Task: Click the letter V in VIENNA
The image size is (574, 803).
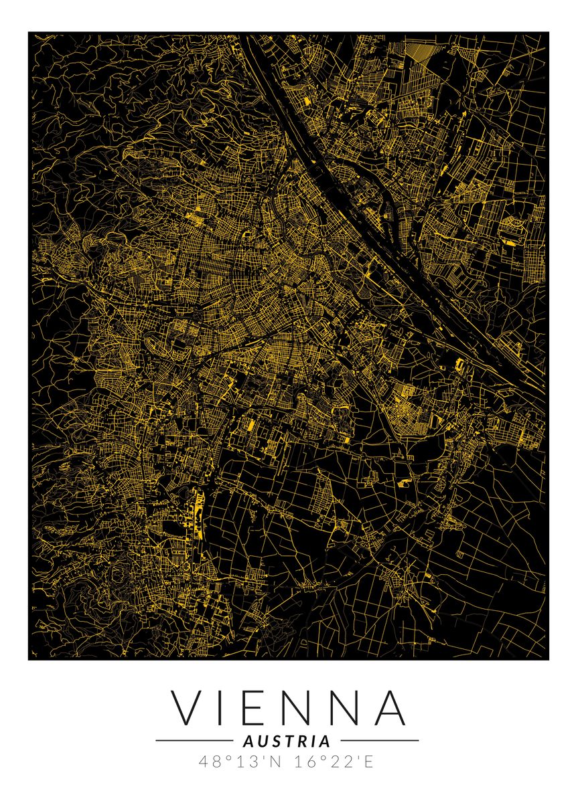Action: tap(185, 707)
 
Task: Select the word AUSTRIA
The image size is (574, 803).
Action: tap(287, 741)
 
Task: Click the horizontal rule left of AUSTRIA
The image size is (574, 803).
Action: tap(194, 741)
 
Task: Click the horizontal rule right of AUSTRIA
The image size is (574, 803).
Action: tap(380, 741)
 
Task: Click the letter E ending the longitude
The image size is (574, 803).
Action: tap(369, 762)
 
